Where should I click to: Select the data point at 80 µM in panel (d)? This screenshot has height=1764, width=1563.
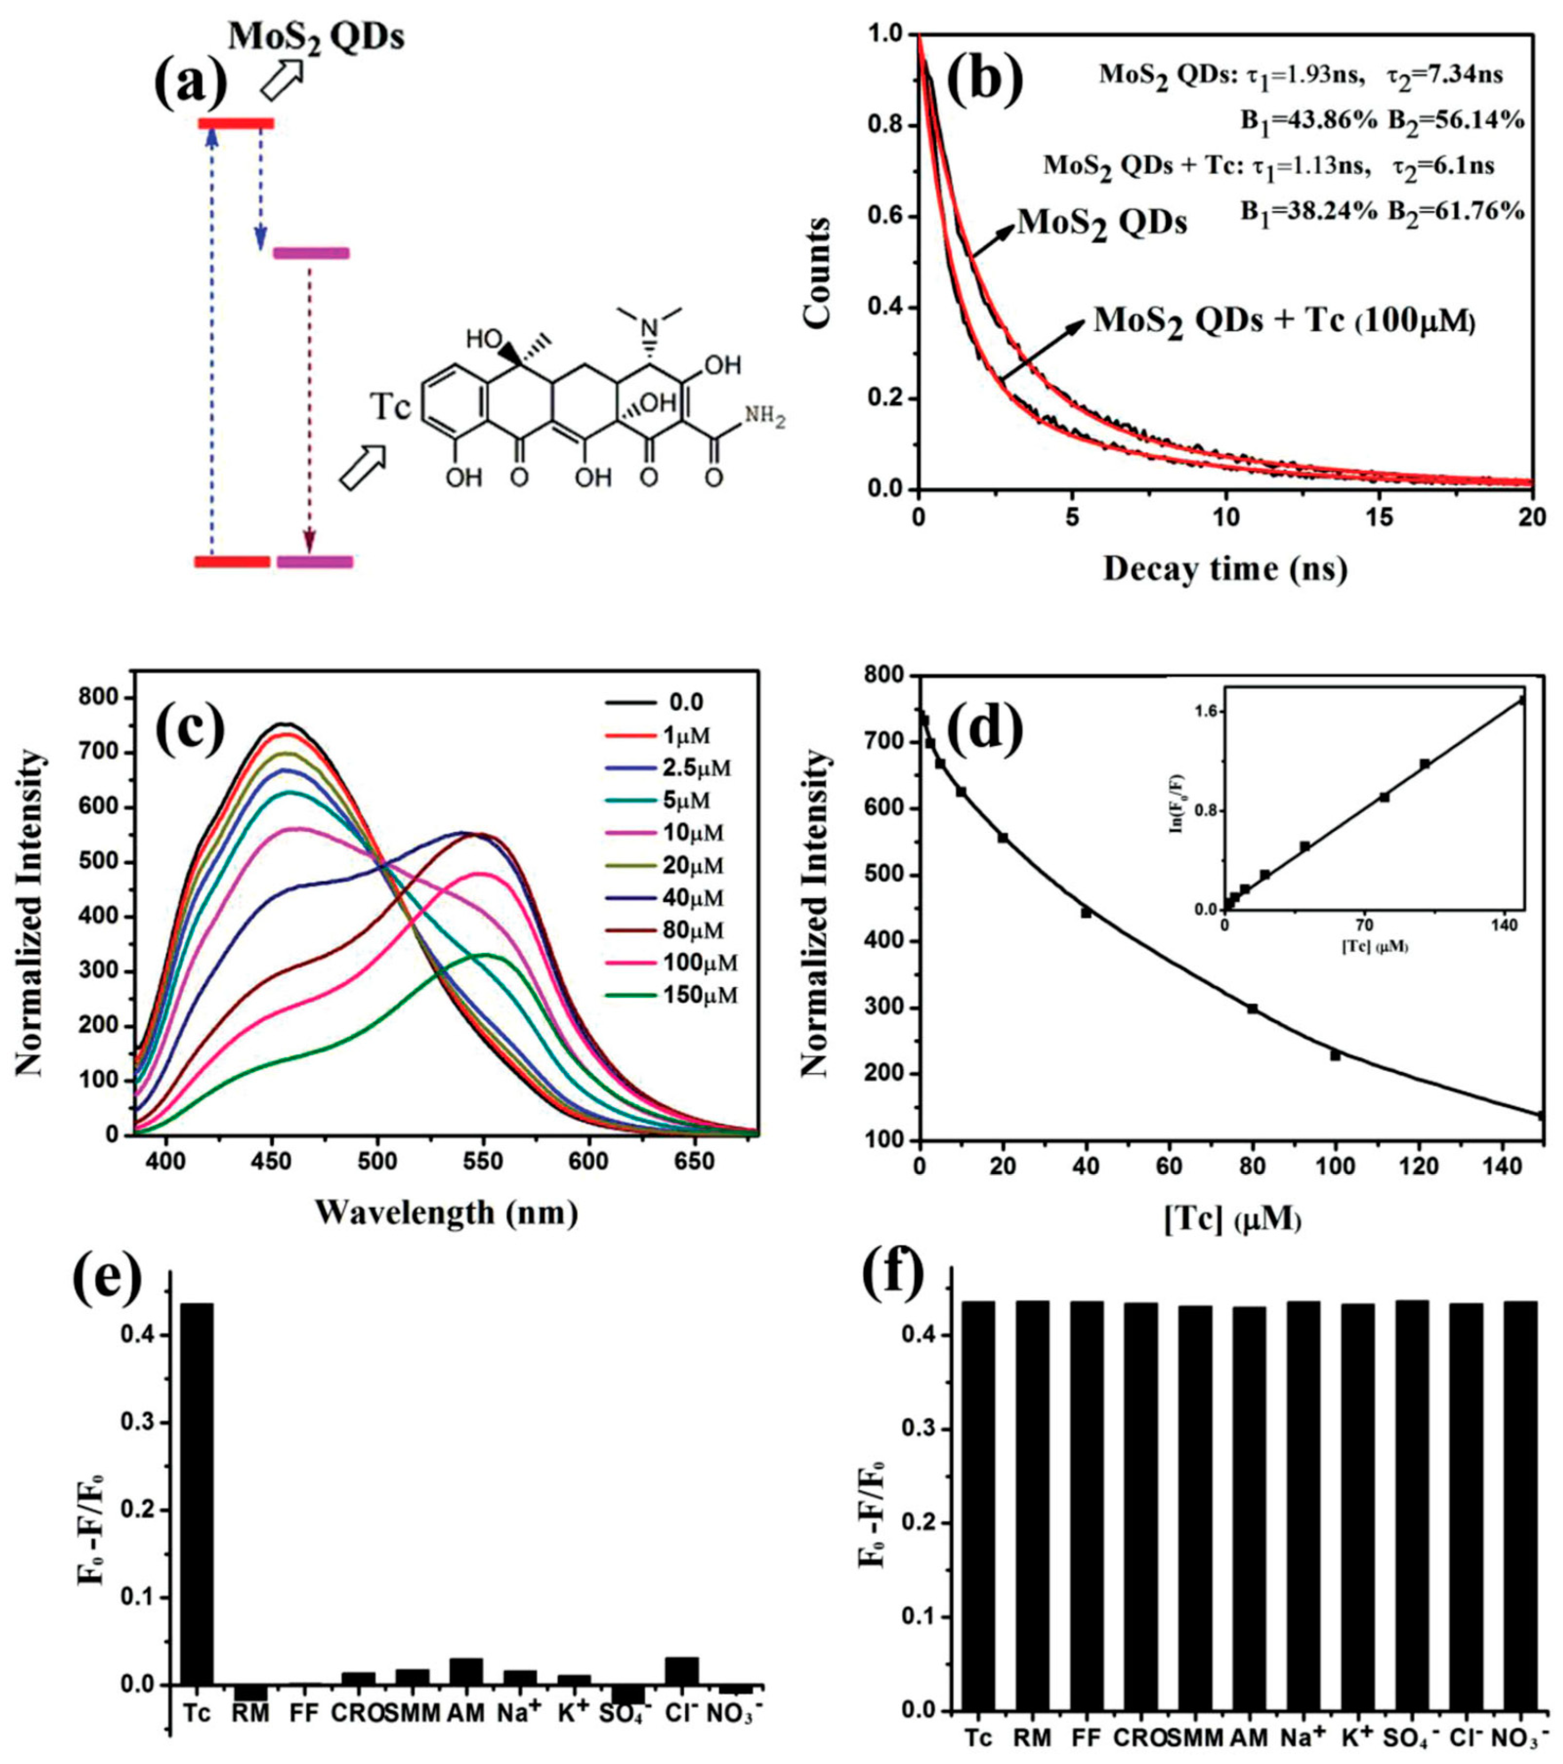click(x=1252, y=1008)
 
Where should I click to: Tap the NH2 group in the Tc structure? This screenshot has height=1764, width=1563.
click(x=765, y=418)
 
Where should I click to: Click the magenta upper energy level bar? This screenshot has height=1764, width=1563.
click(x=311, y=253)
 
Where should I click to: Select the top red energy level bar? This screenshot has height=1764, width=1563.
click(x=235, y=124)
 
